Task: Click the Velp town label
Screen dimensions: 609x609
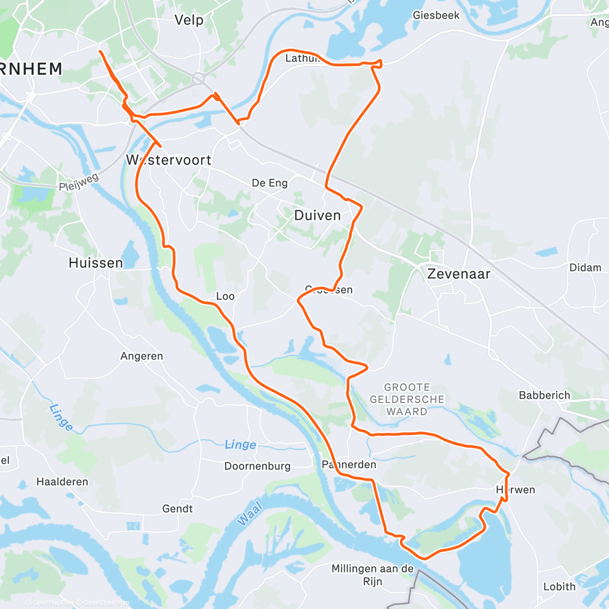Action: coord(189,20)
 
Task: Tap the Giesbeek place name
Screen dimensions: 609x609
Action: coord(436,15)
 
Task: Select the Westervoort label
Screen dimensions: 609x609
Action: coord(169,160)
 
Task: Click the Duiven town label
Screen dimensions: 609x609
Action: coord(317,216)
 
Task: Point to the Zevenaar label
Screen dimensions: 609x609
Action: coord(459,274)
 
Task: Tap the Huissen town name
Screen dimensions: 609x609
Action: coord(96,263)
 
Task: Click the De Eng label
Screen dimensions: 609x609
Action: coord(269,183)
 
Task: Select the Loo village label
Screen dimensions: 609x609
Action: coord(225,296)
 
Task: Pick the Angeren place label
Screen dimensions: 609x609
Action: coord(142,356)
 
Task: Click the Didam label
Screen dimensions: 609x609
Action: coord(585,267)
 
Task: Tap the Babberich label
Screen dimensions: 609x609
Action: coord(544,395)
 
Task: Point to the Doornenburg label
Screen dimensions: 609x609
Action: coord(257,466)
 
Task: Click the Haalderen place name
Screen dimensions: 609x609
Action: coord(62,482)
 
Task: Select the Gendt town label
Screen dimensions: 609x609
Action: coord(177,509)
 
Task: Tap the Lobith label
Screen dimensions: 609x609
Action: coord(559,587)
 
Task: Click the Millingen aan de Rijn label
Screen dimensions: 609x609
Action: coord(373,575)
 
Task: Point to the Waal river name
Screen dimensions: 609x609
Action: coord(249,513)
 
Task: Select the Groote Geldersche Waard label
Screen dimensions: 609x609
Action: coord(407,399)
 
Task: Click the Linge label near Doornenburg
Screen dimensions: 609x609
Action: coord(240,445)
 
